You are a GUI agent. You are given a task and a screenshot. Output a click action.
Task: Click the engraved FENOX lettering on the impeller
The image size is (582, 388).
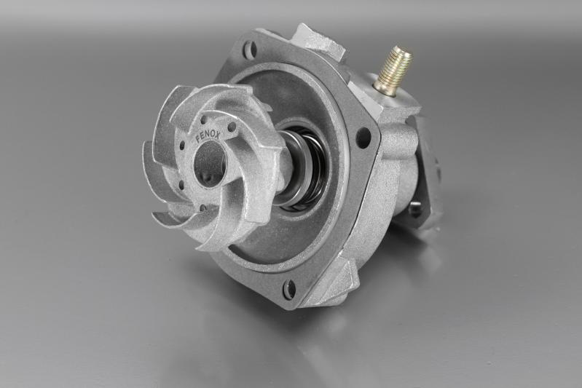208,136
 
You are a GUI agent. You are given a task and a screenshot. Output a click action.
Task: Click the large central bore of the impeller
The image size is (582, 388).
208,162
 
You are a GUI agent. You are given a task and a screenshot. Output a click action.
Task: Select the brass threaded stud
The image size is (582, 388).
394,73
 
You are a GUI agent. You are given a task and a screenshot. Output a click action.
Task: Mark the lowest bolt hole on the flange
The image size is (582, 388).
289,289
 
